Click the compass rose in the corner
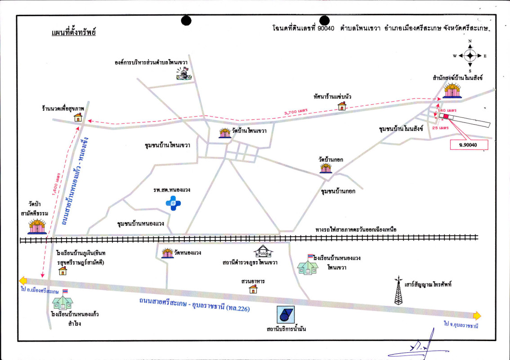coord(470,56)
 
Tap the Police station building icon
coord(263,252)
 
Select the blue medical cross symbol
coord(173,203)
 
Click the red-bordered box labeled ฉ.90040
coord(468,145)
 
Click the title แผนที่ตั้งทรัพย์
coord(74,33)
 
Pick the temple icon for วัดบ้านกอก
coord(326,168)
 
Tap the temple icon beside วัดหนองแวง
coord(167,253)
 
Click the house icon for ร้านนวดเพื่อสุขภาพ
coord(78,117)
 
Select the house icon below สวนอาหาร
coord(253,289)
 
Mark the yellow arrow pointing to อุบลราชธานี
coord(476,315)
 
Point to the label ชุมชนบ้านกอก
coord(338,191)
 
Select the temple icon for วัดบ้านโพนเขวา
coord(224,132)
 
